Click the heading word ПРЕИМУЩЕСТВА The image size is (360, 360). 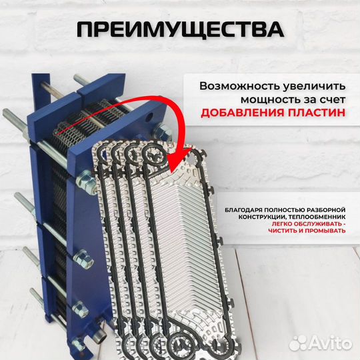tap(180, 30)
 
